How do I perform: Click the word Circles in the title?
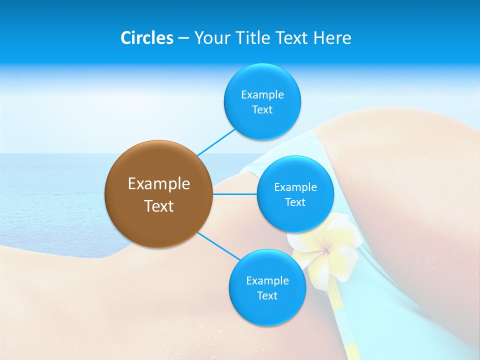pyautogui.click(x=147, y=38)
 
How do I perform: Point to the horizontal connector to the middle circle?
pyautogui.click(x=235, y=194)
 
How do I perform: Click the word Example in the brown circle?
pyautogui.click(x=159, y=184)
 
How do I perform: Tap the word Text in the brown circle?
pyautogui.click(x=159, y=206)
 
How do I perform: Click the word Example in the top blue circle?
pyautogui.click(x=262, y=94)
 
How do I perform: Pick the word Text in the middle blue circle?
pyautogui.click(x=295, y=202)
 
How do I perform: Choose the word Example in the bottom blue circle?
pyautogui.click(x=267, y=280)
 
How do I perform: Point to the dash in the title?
pyautogui.click(x=183, y=38)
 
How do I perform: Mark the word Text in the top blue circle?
pyautogui.click(x=262, y=110)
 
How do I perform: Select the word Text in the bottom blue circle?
pyautogui.click(x=267, y=296)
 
